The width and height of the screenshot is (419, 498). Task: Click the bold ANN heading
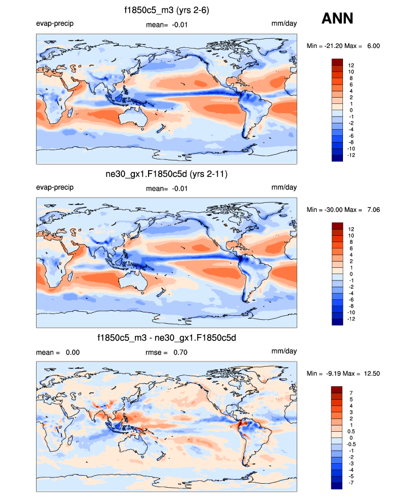[337, 19]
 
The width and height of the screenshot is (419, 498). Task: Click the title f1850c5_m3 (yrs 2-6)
[166, 10]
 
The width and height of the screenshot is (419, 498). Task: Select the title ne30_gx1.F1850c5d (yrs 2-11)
[166, 174]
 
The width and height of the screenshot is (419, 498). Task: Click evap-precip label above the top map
[55, 23]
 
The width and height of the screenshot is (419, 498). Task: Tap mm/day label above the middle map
[284, 187]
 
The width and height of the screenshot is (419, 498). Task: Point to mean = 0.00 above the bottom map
[57, 352]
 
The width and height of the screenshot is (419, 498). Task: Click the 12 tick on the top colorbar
[350, 65]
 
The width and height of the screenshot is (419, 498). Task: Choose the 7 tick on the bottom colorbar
[350, 393]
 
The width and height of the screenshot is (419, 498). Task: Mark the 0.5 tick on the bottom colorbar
[352, 431]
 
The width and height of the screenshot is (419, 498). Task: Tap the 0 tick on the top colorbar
[350, 110]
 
